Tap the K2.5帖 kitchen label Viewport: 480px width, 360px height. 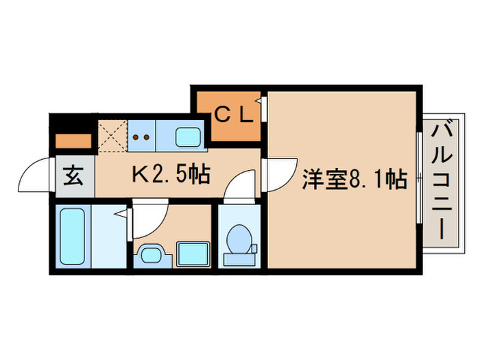(x=171, y=176)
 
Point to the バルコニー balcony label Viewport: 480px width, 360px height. (x=443, y=180)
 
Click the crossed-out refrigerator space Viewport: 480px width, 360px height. (x=112, y=135)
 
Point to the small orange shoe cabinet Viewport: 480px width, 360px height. (x=73, y=142)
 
